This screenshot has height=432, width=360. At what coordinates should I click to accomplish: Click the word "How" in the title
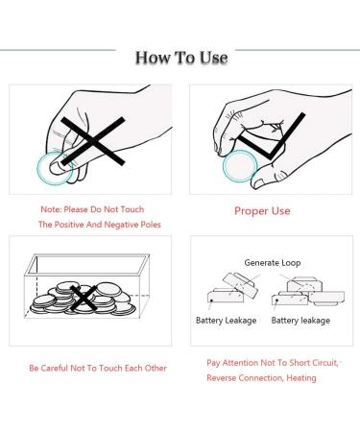[x=151, y=58]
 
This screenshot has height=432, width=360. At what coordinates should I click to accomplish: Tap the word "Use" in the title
[x=213, y=58]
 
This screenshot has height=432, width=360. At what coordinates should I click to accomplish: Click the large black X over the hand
[x=93, y=141]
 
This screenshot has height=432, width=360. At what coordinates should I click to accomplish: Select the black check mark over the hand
[x=271, y=136]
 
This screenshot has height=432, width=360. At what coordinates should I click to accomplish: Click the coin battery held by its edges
[x=240, y=166]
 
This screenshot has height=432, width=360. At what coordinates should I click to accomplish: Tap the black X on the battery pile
[x=83, y=299]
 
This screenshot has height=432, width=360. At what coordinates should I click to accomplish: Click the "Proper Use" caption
[x=262, y=211]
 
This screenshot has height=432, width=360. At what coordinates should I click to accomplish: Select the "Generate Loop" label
[x=273, y=263]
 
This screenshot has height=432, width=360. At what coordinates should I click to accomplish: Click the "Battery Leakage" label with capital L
[x=226, y=321]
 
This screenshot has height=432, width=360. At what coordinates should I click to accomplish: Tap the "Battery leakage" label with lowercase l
[x=300, y=321]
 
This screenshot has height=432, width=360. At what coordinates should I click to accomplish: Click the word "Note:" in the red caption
[x=51, y=209]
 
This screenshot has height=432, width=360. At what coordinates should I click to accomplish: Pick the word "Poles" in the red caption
[x=151, y=225]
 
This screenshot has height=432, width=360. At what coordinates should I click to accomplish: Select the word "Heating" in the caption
[x=301, y=378]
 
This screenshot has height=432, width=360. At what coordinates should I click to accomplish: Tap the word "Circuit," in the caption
[x=325, y=363]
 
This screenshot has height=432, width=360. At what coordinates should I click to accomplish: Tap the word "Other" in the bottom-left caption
[x=156, y=368]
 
